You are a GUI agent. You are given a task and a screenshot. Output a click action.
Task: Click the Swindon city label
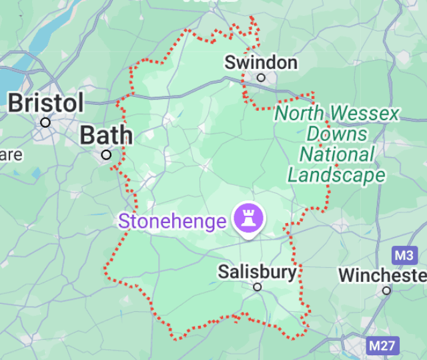point(261,63)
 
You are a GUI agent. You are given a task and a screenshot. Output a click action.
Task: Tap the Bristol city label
point(46,104)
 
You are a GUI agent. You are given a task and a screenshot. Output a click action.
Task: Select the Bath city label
point(106,136)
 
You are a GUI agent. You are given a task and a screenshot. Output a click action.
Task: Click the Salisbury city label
point(257,272)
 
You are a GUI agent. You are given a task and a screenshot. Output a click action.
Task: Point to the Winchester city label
point(382,275)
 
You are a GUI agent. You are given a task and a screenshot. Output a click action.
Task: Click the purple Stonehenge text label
point(172,221)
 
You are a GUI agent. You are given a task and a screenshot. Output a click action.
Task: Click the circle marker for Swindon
point(261,77)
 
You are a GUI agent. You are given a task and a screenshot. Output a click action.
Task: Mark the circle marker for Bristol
point(45,122)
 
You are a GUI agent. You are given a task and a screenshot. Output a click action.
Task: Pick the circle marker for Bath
point(106,155)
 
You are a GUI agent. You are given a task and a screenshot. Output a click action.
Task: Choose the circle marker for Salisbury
point(257,287)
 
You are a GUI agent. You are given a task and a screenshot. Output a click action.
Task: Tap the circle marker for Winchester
point(386,291)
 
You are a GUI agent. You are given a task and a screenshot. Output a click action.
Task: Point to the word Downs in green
point(337,134)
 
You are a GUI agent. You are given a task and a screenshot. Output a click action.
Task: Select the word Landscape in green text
point(336,175)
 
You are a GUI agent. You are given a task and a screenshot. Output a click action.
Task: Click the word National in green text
point(337,155)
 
